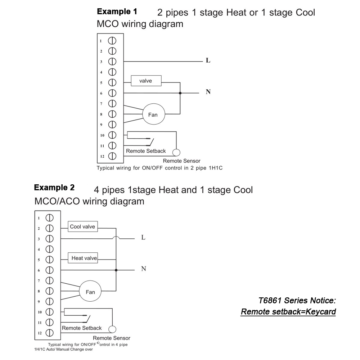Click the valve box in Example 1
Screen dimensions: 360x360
pos(146,81)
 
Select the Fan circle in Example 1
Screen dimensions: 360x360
pos(153,114)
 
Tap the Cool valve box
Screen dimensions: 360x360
pos(83,227)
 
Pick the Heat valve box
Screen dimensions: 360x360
pos(83,258)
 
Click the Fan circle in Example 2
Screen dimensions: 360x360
pos(90,292)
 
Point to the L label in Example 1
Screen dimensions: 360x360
pos(208,61)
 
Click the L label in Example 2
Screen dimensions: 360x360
pos(143,238)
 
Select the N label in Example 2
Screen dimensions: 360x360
pos(143,269)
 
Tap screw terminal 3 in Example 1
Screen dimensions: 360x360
pos(112,62)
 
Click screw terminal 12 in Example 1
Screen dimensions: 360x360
pos(112,156)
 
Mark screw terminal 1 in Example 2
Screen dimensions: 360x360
pos(50,218)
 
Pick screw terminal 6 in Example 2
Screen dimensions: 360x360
pos(50,270)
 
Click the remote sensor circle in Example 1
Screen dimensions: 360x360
pos(176,152)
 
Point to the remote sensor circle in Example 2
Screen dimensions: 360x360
pos(113,329)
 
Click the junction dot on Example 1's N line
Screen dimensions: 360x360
pos(180,93)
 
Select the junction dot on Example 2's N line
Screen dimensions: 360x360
pos(116,270)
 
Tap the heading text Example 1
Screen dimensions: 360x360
pos(117,12)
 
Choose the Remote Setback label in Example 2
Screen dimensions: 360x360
pos(82,328)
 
